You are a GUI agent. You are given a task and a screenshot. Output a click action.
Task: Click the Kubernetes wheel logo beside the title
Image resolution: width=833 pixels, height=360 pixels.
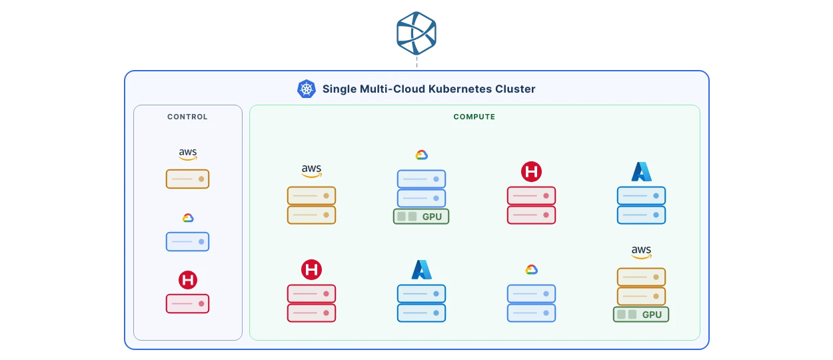(306, 89)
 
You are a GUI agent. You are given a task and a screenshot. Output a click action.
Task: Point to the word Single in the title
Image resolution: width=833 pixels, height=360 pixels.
(339, 89)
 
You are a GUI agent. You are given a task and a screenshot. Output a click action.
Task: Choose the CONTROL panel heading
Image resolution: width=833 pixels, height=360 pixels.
(187, 117)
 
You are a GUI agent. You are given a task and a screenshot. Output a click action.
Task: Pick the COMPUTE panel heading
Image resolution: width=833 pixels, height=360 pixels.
(474, 117)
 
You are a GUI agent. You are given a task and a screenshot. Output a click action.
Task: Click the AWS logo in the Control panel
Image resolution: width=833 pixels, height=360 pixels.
(188, 155)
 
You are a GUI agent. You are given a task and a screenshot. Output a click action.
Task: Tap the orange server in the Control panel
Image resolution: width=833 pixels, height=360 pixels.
(187, 179)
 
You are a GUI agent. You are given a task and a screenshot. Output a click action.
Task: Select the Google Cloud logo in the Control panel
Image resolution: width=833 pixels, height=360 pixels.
(188, 218)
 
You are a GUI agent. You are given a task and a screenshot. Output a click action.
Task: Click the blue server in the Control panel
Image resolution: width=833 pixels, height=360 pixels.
(187, 241)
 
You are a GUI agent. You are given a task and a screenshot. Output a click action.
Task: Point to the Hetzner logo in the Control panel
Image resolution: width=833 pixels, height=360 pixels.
(188, 280)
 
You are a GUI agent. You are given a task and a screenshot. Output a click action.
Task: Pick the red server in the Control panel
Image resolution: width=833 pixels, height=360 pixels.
(187, 303)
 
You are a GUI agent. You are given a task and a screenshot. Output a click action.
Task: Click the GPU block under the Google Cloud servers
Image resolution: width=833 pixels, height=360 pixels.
(421, 217)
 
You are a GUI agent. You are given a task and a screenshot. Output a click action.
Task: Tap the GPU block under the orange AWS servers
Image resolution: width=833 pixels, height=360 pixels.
(641, 315)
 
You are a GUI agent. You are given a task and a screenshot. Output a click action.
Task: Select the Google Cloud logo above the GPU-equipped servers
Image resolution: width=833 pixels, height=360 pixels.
(421, 155)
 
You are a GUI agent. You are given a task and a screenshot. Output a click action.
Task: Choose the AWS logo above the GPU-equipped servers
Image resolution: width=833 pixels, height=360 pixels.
(641, 253)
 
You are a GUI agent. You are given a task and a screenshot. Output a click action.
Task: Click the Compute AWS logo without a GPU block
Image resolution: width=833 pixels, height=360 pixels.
(311, 171)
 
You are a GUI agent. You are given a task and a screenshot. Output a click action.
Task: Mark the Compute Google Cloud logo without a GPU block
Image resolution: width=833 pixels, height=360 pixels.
(531, 269)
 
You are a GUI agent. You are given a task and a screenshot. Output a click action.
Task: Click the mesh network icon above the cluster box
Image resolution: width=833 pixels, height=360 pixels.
(416, 31)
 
